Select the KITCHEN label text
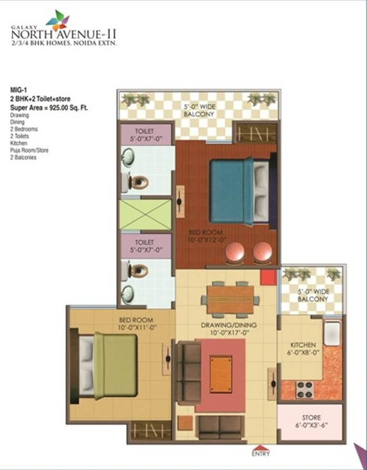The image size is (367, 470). coord(303,345)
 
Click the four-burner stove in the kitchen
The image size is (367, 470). coord(304,389)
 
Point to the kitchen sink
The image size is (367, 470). coord(332,333)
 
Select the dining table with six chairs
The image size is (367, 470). coord(231,299)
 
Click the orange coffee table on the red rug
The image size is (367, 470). coord(221,373)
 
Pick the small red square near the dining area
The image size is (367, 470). coord(268,277)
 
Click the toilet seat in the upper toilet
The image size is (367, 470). coord(138,182)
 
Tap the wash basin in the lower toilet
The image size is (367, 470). coord(128,295)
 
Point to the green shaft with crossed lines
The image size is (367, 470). coord(145,215)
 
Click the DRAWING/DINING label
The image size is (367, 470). coord(229,325)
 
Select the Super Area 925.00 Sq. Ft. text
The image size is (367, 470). coord(49,108)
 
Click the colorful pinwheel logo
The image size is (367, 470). coord(58,21)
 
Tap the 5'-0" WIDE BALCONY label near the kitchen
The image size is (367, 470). coord(313,295)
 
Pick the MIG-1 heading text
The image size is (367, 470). coord(17,89)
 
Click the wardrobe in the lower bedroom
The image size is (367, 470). coord(150,431)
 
